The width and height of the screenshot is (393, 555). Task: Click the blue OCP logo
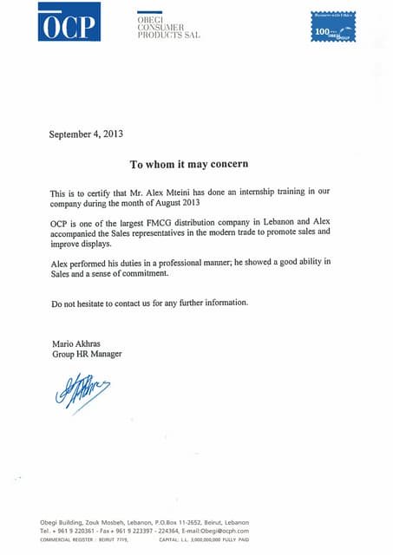pyautogui.click(x=69, y=22)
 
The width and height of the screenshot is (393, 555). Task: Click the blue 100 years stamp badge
pyautogui.click(x=335, y=27)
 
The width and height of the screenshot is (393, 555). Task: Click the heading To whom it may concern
pyautogui.click(x=189, y=163)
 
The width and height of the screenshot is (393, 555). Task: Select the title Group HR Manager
pyautogui.click(x=87, y=354)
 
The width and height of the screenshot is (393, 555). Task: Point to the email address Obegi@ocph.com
pyautogui.click(x=221, y=531)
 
